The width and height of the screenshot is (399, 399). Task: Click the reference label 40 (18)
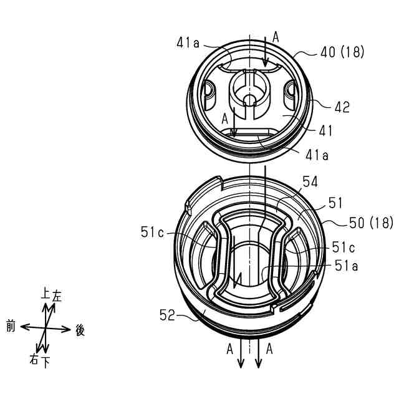click(342, 52)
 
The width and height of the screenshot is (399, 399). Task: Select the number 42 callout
click(342, 107)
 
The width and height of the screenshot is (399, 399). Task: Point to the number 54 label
click(310, 182)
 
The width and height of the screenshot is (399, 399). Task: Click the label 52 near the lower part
click(168, 315)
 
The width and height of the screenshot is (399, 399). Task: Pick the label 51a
click(347, 266)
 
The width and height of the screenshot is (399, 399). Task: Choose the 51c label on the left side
click(152, 232)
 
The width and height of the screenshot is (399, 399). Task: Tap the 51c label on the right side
click(344, 247)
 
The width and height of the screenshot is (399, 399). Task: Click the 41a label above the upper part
click(188, 43)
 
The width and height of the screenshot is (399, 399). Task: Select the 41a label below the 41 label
click(317, 155)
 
